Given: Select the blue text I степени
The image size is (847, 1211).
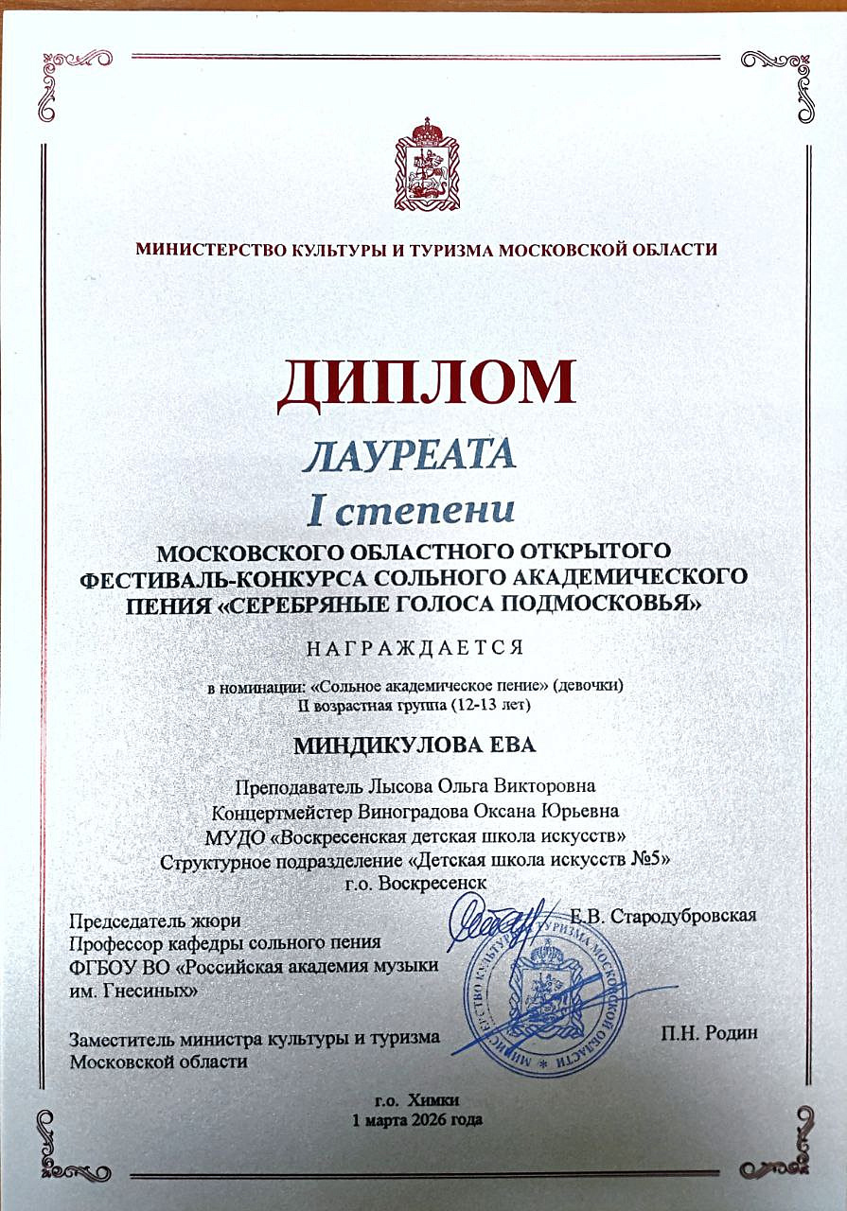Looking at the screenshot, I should pyautogui.click(x=412, y=510).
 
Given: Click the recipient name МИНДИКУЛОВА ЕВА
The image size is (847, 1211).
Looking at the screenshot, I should pyautogui.click(x=415, y=745).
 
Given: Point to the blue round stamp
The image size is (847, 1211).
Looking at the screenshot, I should pyautogui.click(x=539, y=1003).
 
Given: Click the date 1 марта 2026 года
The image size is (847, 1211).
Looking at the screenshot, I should pyautogui.click(x=416, y=1119).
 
